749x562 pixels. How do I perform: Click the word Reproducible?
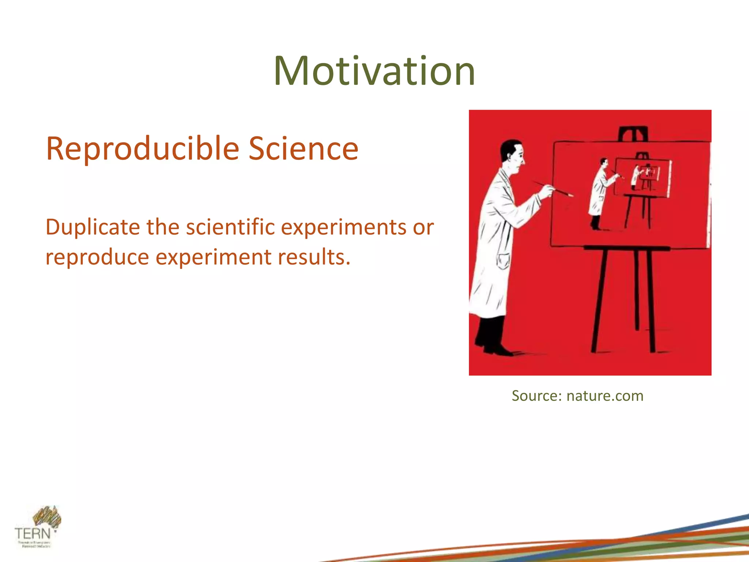coord(142,149)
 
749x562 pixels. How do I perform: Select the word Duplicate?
coord(93,227)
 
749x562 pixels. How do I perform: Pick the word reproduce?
coord(97,257)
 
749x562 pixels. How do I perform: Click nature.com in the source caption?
coord(605,396)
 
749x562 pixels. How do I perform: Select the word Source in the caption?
coord(536,396)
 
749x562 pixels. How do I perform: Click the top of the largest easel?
coord(633,134)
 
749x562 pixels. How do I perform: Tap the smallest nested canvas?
coord(650,172)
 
